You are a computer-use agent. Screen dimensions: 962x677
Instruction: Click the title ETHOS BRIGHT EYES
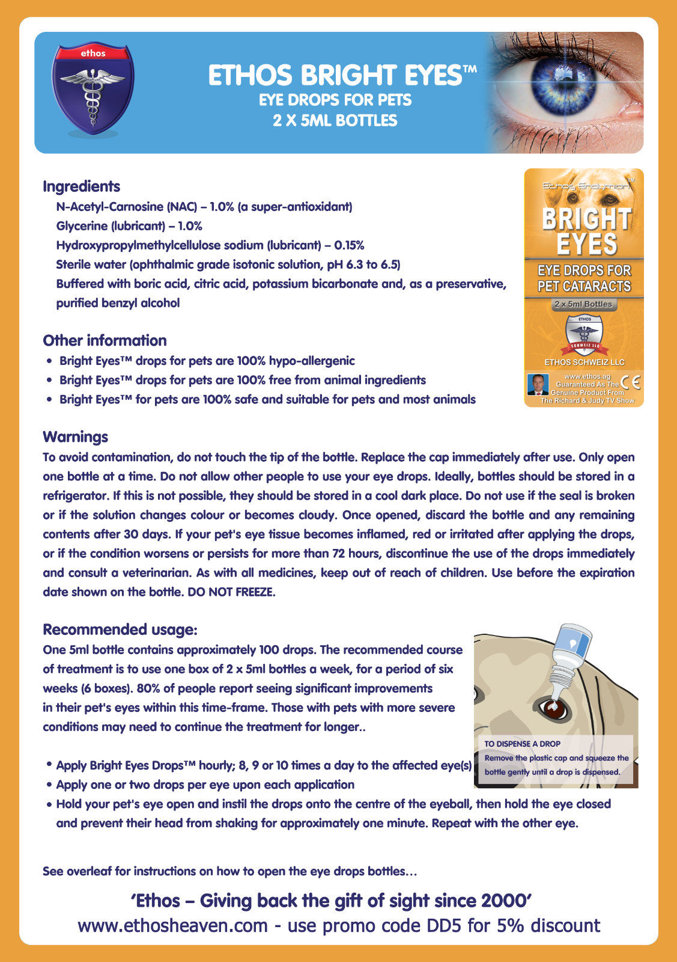click(x=342, y=76)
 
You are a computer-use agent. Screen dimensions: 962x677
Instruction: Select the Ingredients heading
click(x=81, y=186)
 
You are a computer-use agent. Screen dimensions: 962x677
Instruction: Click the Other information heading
click(x=105, y=340)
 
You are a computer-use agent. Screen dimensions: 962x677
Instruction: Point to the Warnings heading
click(x=75, y=437)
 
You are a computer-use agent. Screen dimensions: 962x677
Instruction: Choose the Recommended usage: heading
click(x=120, y=630)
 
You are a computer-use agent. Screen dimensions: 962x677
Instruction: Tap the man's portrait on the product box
click(x=538, y=384)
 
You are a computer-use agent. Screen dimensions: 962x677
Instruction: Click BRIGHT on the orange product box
click(x=586, y=219)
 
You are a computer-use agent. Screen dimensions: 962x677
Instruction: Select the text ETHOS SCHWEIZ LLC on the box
click(x=584, y=362)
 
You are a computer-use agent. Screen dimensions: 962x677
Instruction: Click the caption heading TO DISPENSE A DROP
click(x=522, y=744)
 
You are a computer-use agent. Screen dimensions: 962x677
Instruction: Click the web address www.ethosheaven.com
click(x=172, y=925)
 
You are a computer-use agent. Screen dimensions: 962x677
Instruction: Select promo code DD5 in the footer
click(x=443, y=925)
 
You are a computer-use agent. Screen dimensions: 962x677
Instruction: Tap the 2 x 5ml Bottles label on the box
click(x=583, y=304)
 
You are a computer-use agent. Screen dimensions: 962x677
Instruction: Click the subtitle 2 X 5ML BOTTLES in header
click(x=335, y=120)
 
